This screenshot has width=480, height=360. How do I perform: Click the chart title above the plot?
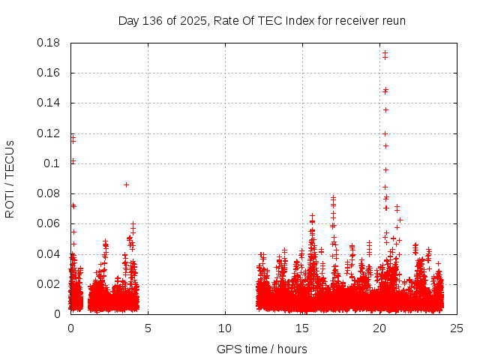(x=262, y=20)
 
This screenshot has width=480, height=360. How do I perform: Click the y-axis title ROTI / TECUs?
(x=10, y=178)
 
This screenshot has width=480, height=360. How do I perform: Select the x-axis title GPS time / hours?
(x=262, y=349)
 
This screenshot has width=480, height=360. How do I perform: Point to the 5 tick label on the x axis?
(x=148, y=328)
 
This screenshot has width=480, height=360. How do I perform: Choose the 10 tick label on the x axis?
(x=225, y=328)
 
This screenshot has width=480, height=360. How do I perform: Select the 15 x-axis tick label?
(x=302, y=328)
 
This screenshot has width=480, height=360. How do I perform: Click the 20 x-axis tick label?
(x=379, y=328)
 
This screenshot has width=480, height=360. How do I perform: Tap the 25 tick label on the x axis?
(x=457, y=328)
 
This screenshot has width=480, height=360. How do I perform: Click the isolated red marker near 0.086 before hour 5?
(x=126, y=184)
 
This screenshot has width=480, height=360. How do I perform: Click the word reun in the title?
(x=394, y=20)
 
